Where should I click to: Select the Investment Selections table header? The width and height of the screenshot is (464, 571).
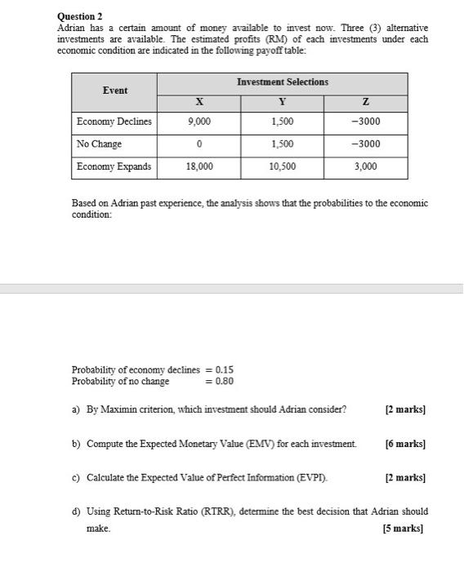tap(283, 82)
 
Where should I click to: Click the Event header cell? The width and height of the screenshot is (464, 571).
tap(114, 90)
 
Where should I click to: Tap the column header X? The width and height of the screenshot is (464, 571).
tap(199, 102)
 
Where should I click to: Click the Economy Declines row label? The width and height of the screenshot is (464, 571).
tap(114, 122)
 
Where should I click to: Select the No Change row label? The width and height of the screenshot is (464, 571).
tap(99, 144)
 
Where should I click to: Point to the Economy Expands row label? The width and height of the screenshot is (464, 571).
tap(114, 166)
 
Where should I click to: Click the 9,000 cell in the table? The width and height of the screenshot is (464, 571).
tap(199, 122)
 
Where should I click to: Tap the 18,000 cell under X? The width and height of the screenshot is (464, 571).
tap(199, 166)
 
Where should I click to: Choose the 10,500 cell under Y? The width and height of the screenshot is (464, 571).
tap(283, 166)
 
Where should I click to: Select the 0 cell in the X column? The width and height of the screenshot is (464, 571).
tap(199, 144)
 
